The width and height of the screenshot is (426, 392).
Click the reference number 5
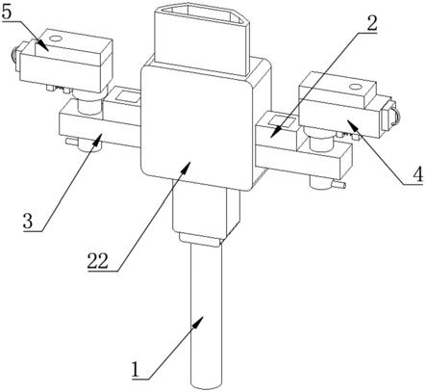(7, 13)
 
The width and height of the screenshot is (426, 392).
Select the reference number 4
(417, 175)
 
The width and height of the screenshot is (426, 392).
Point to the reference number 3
(28, 221)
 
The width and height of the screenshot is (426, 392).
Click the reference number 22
(98, 261)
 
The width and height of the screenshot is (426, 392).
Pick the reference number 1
(136, 369)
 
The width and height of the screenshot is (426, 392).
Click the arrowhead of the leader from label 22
(188, 166)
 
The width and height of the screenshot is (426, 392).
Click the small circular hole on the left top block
(56, 39)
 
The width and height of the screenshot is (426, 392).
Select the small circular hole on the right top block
(355, 87)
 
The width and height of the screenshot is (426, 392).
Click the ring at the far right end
(396, 116)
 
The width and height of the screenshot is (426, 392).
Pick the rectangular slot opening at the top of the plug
(202, 16)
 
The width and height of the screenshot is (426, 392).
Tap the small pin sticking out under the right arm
(339, 185)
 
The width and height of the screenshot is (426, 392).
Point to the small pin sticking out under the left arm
(71, 141)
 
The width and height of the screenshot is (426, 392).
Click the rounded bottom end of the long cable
(206, 383)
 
